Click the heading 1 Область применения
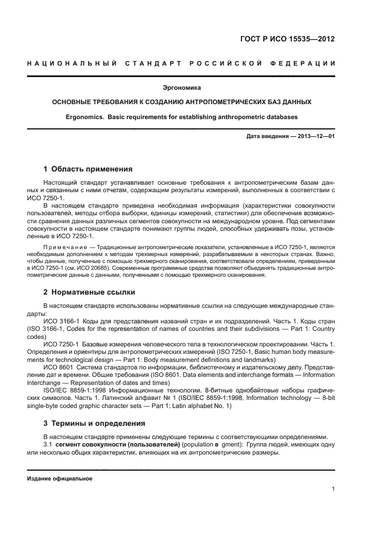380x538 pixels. point(88,169)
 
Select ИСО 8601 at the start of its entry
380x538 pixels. point(55,365)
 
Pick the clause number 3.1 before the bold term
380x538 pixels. point(48,445)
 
